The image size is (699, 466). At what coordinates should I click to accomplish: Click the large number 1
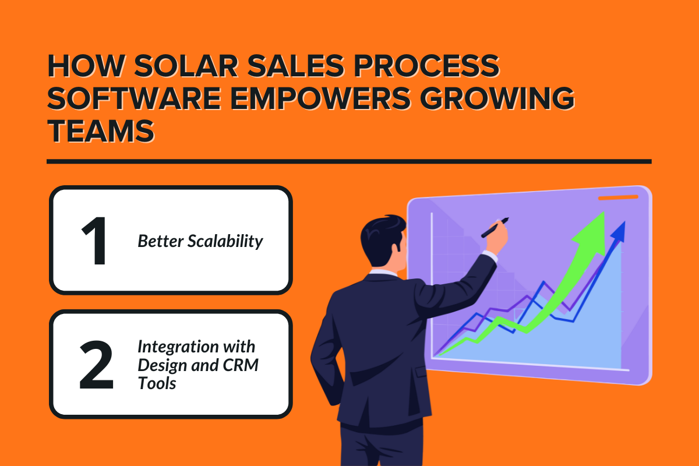pos(94,240)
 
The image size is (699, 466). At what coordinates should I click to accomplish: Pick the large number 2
pos(96,365)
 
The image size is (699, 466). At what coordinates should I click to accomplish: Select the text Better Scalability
pos(200,241)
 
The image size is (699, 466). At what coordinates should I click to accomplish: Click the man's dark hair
pos(382,233)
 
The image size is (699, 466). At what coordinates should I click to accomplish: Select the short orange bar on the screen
pos(618,198)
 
